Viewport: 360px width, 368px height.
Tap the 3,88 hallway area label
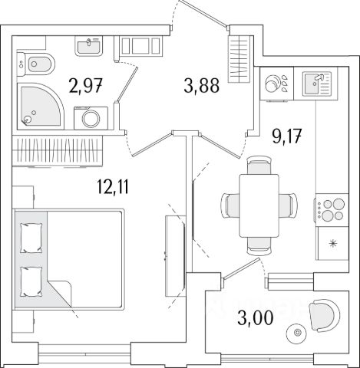[201, 85]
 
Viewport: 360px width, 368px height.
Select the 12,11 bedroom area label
[113, 187]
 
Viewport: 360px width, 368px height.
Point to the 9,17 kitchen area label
[287, 136]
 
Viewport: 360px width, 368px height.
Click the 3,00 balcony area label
[256, 318]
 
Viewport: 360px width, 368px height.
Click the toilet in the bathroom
[36, 64]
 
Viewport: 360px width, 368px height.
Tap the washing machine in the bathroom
[91, 118]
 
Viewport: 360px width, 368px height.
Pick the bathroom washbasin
[88, 46]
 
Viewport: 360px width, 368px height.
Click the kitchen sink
[316, 84]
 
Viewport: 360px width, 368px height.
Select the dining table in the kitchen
[259, 205]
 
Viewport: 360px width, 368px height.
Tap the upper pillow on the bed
[31, 238]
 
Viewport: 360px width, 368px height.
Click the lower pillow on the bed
[31, 282]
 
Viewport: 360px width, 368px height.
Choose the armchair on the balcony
[325, 315]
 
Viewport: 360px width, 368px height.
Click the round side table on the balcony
[297, 333]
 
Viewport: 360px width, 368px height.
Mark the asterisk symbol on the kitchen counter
[332, 244]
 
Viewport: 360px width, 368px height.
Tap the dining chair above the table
[259, 166]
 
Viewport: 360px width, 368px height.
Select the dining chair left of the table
[230, 205]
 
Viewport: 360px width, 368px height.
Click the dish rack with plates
[276, 84]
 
